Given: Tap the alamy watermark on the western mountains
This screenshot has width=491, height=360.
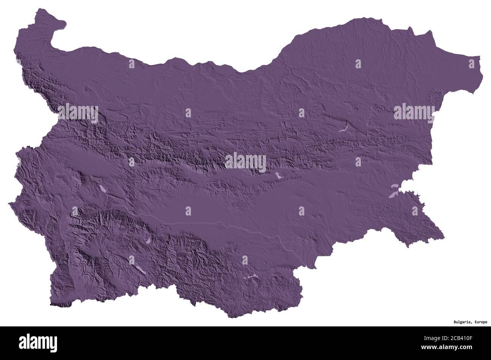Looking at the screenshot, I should (x=78, y=112).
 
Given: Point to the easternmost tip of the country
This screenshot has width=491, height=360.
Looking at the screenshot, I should (x=483, y=75).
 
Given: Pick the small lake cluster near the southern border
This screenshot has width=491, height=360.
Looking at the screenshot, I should (x=249, y=277).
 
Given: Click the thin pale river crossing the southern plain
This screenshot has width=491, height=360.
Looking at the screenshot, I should (x=227, y=225).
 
